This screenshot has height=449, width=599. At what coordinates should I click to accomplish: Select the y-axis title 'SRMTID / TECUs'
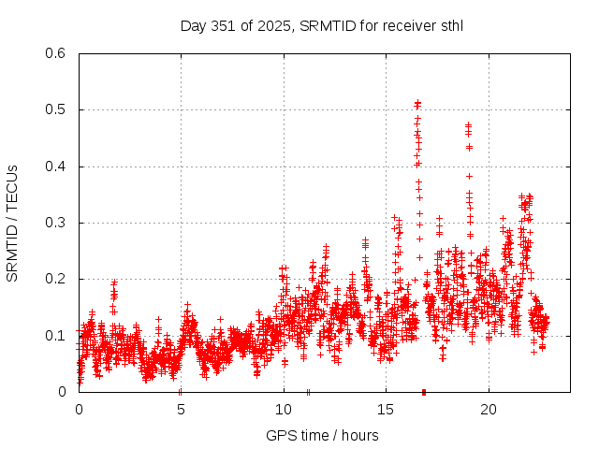(x=12, y=223)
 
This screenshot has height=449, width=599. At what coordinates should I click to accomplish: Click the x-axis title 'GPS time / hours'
(x=322, y=435)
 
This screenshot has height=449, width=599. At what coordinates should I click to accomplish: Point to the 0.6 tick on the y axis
(x=58, y=53)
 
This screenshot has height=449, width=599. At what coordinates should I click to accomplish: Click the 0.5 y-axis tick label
(x=58, y=109)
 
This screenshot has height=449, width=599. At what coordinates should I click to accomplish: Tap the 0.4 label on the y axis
(x=58, y=167)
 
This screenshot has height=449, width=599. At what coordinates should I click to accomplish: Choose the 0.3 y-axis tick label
(x=58, y=223)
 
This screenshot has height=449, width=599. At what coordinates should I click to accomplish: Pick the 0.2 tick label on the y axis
(x=58, y=279)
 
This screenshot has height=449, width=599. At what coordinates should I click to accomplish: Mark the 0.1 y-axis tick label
(x=58, y=335)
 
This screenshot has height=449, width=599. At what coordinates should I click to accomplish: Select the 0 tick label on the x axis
(x=79, y=410)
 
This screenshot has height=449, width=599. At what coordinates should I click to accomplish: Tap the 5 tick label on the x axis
(x=181, y=410)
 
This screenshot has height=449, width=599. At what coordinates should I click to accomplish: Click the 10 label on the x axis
(x=283, y=410)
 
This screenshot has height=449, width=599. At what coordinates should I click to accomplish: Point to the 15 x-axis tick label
(x=386, y=410)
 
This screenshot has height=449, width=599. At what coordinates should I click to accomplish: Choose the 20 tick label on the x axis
(x=488, y=410)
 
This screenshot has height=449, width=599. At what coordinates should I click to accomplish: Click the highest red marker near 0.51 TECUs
(x=417, y=102)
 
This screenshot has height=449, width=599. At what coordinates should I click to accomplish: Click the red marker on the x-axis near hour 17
(x=424, y=392)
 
